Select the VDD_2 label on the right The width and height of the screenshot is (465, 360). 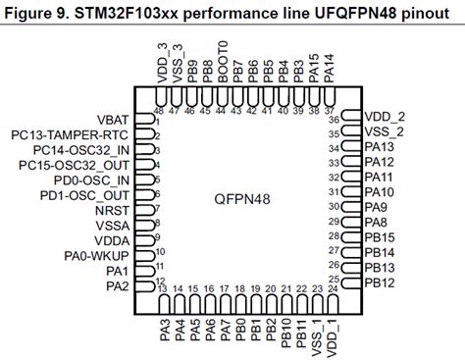(x=384, y=116)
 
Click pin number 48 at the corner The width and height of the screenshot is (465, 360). (x=157, y=112)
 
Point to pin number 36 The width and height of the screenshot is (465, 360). (x=334, y=120)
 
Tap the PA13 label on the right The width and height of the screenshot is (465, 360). (x=379, y=146)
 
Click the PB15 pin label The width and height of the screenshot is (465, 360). (x=379, y=237)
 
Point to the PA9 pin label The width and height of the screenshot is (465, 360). (x=375, y=207)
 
